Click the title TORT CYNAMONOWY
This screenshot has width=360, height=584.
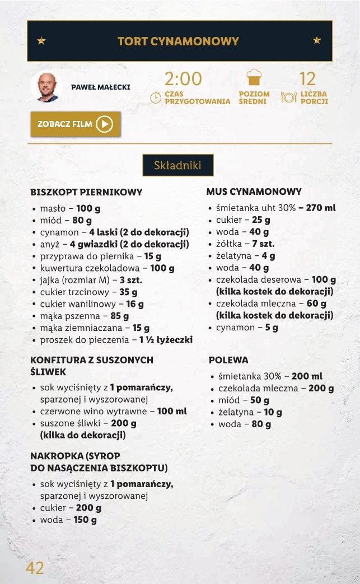pos(179,41)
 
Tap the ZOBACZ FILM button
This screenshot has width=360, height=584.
pos(76,124)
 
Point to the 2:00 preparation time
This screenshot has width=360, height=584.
pos(183,78)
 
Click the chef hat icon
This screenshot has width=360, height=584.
pos(254,78)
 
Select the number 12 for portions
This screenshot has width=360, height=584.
pos(307,78)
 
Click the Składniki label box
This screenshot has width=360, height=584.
pos(177,165)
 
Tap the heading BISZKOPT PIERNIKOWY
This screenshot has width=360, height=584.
pos(86,192)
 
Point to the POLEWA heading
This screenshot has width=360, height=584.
pos(228,360)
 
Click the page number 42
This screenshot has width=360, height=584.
pos(35,568)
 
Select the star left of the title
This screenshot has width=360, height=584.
pos(41,41)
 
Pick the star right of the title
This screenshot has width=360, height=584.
pos(317,40)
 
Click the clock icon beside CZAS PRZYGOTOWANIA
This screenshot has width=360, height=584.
pos(156,97)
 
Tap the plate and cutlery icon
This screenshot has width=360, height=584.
pos(288,97)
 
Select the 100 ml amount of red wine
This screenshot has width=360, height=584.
pos(172,411)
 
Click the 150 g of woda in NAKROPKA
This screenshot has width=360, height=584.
pos(85,520)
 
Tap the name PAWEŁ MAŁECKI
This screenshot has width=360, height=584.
pos(101,87)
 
